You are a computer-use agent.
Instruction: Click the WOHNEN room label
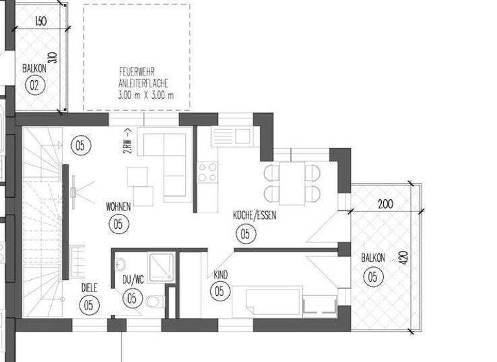[119, 207]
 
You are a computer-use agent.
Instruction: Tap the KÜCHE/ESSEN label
[254, 216]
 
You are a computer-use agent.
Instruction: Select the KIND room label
[220, 275]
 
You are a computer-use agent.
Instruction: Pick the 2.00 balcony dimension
[385, 204]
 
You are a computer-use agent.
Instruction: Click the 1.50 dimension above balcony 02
[39, 22]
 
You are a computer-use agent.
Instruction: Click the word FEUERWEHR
[136, 72]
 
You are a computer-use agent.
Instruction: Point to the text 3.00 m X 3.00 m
[146, 96]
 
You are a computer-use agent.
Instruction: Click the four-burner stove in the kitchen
[208, 173]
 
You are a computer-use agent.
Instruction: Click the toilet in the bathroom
[153, 302]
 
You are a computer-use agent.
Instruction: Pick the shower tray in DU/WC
[160, 268]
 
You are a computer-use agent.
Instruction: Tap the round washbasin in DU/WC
[121, 264]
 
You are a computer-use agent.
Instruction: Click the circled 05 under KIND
[219, 291]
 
